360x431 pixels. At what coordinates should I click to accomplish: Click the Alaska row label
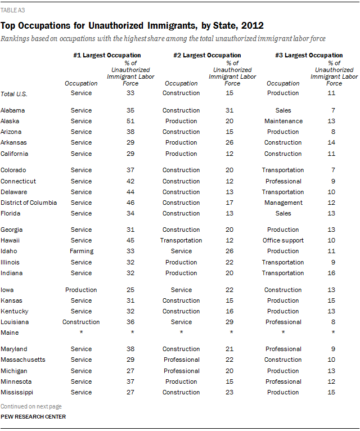[x=11, y=121]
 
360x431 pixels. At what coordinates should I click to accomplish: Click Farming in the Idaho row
[x=82, y=252]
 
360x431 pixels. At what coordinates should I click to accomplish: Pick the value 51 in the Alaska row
[x=130, y=121]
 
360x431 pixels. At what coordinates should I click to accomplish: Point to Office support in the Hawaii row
[x=283, y=240]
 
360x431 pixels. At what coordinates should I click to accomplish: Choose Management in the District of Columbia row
[x=283, y=203]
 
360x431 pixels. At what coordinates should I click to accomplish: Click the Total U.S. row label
[x=15, y=93]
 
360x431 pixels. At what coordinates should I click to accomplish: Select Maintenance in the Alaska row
[x=283, y=121]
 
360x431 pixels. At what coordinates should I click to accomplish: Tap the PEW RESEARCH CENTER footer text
[x=33, y=417]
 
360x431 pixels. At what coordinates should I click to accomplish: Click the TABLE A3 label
[x=12, y=10]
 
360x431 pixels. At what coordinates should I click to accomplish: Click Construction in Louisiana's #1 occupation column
[x=82, y=322]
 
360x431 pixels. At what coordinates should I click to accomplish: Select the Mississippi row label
[x=17, y=392]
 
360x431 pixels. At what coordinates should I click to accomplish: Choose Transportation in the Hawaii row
[x=181, y=240]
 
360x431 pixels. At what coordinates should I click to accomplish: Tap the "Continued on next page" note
[x=31, y=406]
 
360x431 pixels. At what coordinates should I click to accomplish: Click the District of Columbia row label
[x=29, y=203]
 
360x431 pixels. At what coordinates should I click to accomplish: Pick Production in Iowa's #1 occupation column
[x=82, y=290]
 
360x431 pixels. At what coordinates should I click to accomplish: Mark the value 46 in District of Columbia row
[x=130, y=203]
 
